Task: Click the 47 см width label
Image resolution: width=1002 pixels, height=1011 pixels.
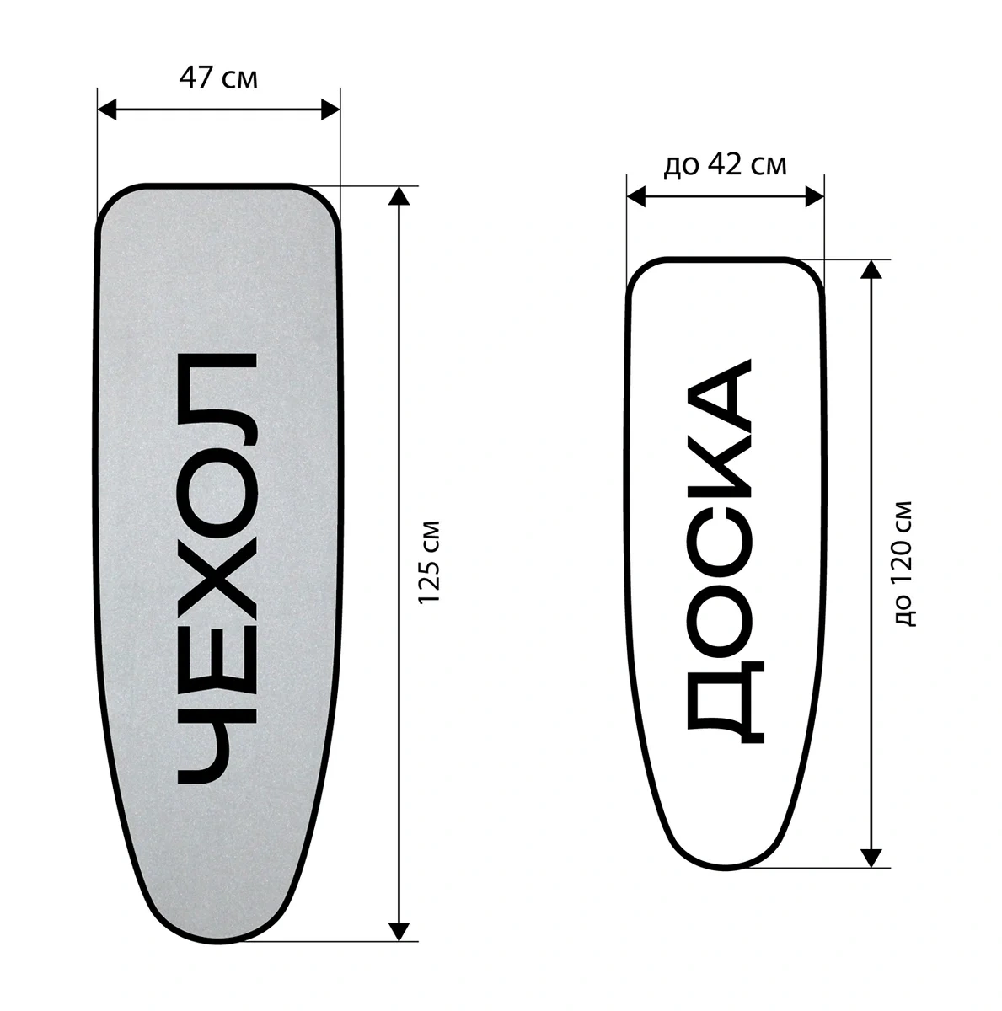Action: pos(218,78)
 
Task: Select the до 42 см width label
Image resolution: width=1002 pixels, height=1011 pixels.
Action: pos(726,165)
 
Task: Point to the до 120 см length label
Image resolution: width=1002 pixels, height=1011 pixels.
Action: pos(903,564)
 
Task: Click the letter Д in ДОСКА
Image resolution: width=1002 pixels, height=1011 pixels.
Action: pos(726,702)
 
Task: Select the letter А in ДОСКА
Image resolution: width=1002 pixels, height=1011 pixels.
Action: pos(719,396)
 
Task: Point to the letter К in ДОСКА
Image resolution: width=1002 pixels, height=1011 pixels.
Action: pos(719,468)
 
